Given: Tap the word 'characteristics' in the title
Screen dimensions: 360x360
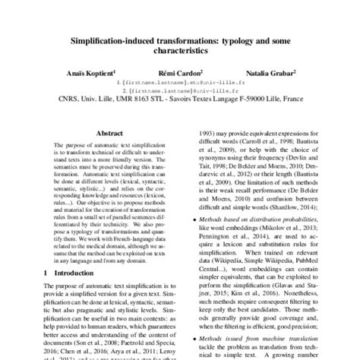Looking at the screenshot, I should click(x=179, y=47).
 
